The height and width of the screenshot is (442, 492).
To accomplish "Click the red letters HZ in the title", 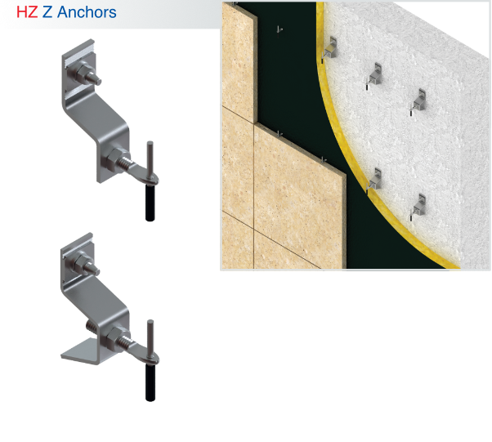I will [27, 13].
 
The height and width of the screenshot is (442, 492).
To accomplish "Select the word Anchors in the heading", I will [87, 13].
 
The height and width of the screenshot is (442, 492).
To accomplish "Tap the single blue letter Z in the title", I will [47, 13].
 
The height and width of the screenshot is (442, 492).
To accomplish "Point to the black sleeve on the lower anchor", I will [150, 381].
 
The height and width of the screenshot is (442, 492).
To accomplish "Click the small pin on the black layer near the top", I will [279, 30].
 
